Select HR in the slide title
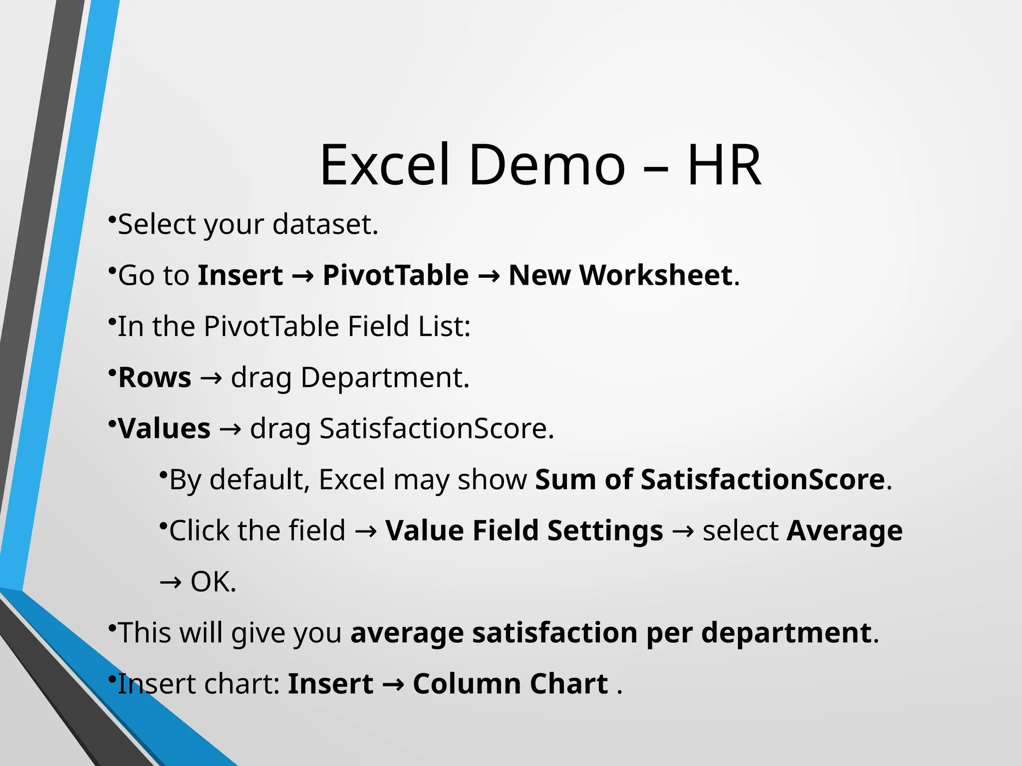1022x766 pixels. (x=724, y=165)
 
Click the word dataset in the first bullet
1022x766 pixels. (x=325, y=224)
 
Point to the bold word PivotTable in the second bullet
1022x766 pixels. (x=396, y=275)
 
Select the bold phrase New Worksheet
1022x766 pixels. (x=620, y=275)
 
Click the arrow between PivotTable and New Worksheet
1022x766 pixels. (x=489, y=276)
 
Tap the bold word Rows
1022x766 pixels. (x=155, y=378)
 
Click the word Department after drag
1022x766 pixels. (x=385, y=378)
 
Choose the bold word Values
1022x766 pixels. (x=164, y=429)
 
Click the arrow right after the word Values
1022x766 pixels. (x=230, y=429)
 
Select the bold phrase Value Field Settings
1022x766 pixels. (x=524, y=531)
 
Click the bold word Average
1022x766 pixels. (x=844, y=531)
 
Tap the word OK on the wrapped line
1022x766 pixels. (x=213, y=582)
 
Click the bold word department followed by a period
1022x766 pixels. (x=786, y=633)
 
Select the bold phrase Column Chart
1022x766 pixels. (x=510, y=684)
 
